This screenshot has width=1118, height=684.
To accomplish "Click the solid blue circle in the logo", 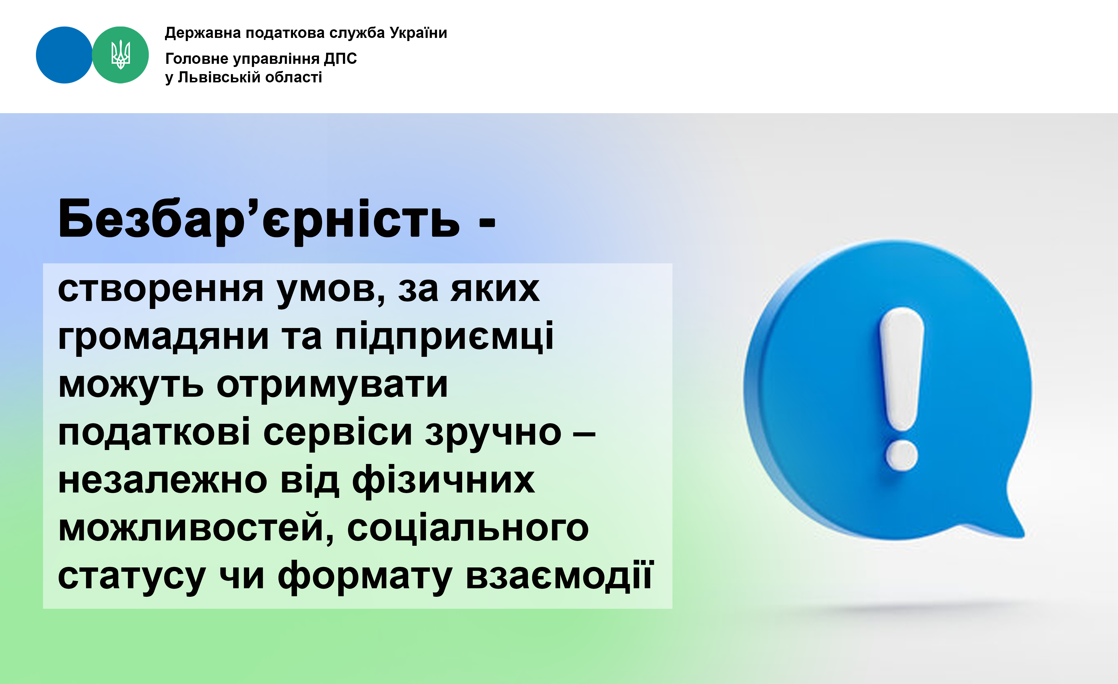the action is click(x=64, y=55).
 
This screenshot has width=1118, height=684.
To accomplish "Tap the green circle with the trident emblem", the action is click(x=120, y=55).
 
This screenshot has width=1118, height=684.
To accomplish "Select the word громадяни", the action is click(x=163, y=338).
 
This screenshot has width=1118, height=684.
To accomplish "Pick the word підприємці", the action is click(x=444, y=336).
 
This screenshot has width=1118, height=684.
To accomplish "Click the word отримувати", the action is click(x=332, y=386).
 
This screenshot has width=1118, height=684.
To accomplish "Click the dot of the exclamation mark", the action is click(x=902, y=455).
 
